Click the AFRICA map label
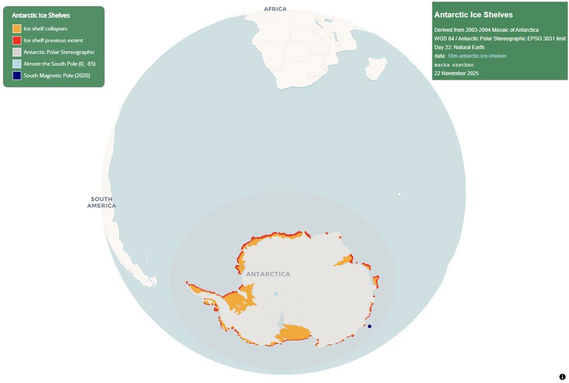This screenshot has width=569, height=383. (275, 9)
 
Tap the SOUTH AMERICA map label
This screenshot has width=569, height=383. (101, 202)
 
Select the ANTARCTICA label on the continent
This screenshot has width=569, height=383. (268, 274)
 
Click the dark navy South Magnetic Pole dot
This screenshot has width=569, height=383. (369, 326)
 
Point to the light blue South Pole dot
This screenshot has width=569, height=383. (276, 294)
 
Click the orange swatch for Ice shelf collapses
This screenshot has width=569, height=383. (17, 28)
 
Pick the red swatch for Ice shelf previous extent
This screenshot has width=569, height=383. (17, 40)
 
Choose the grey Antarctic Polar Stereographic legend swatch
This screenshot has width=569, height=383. (17, 52)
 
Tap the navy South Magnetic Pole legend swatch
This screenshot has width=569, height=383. (17, 75)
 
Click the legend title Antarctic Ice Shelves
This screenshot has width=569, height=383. (41, 15)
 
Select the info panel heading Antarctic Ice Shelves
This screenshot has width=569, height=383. (473, 15)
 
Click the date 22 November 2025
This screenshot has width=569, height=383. (457, 73)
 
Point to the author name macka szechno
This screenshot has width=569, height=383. (453, 65)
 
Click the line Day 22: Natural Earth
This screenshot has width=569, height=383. (459, 47)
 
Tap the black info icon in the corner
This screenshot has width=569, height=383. (562, 377)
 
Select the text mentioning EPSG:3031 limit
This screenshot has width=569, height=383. (500, 38)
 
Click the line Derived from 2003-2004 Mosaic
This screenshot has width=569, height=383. (486, 30)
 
